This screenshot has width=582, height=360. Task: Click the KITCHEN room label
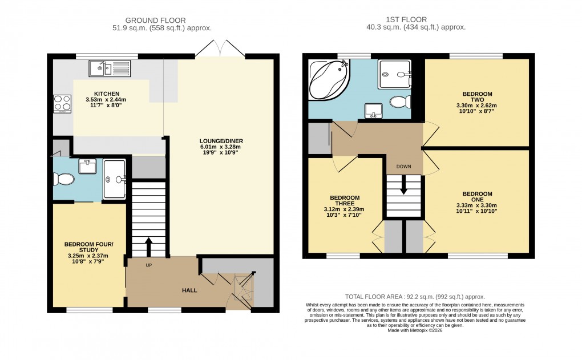[x=107, y=94]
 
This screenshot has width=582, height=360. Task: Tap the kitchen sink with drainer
[x=111, y=68]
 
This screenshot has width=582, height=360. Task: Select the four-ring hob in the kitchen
[x=62, y=103]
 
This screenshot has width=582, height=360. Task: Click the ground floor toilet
[x=63, y=180]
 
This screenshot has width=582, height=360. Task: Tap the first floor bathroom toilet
[x=399, y=103]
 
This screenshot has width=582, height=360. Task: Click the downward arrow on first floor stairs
[x=403, y=186]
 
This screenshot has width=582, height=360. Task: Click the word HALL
[x=189, y=290]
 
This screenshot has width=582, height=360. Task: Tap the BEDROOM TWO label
[x=477, y=96]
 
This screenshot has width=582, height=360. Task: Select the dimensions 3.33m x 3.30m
[x=477, y=206]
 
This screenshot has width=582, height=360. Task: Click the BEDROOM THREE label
[x=345, y=200]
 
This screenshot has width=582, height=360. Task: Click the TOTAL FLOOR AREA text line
[x=415, y=297]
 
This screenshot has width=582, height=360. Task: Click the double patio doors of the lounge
[x=219, y=48]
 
